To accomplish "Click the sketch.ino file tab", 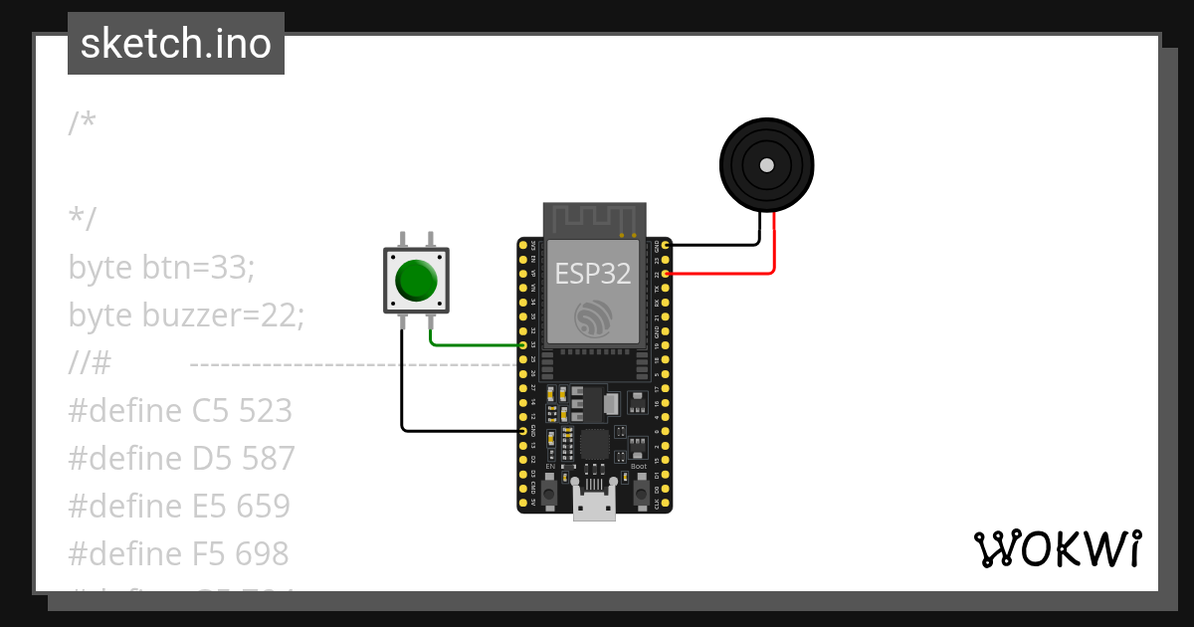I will (x=176, y=44).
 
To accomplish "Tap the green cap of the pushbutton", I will (x=416, y=280).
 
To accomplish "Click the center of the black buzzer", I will (x=766, y=165).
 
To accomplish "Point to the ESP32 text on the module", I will (x=593, y=273).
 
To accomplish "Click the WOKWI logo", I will (x=1057, y=549).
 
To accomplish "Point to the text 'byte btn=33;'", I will (x=162, y=268).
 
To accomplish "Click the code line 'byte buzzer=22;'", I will (x=186, y=315).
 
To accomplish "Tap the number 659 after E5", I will (x=264, y=506).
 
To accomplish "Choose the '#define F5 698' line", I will (x=178, y=553).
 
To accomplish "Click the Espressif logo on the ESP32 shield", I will (x=593, y=316).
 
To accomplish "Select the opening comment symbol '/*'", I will (x=83, y=123).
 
